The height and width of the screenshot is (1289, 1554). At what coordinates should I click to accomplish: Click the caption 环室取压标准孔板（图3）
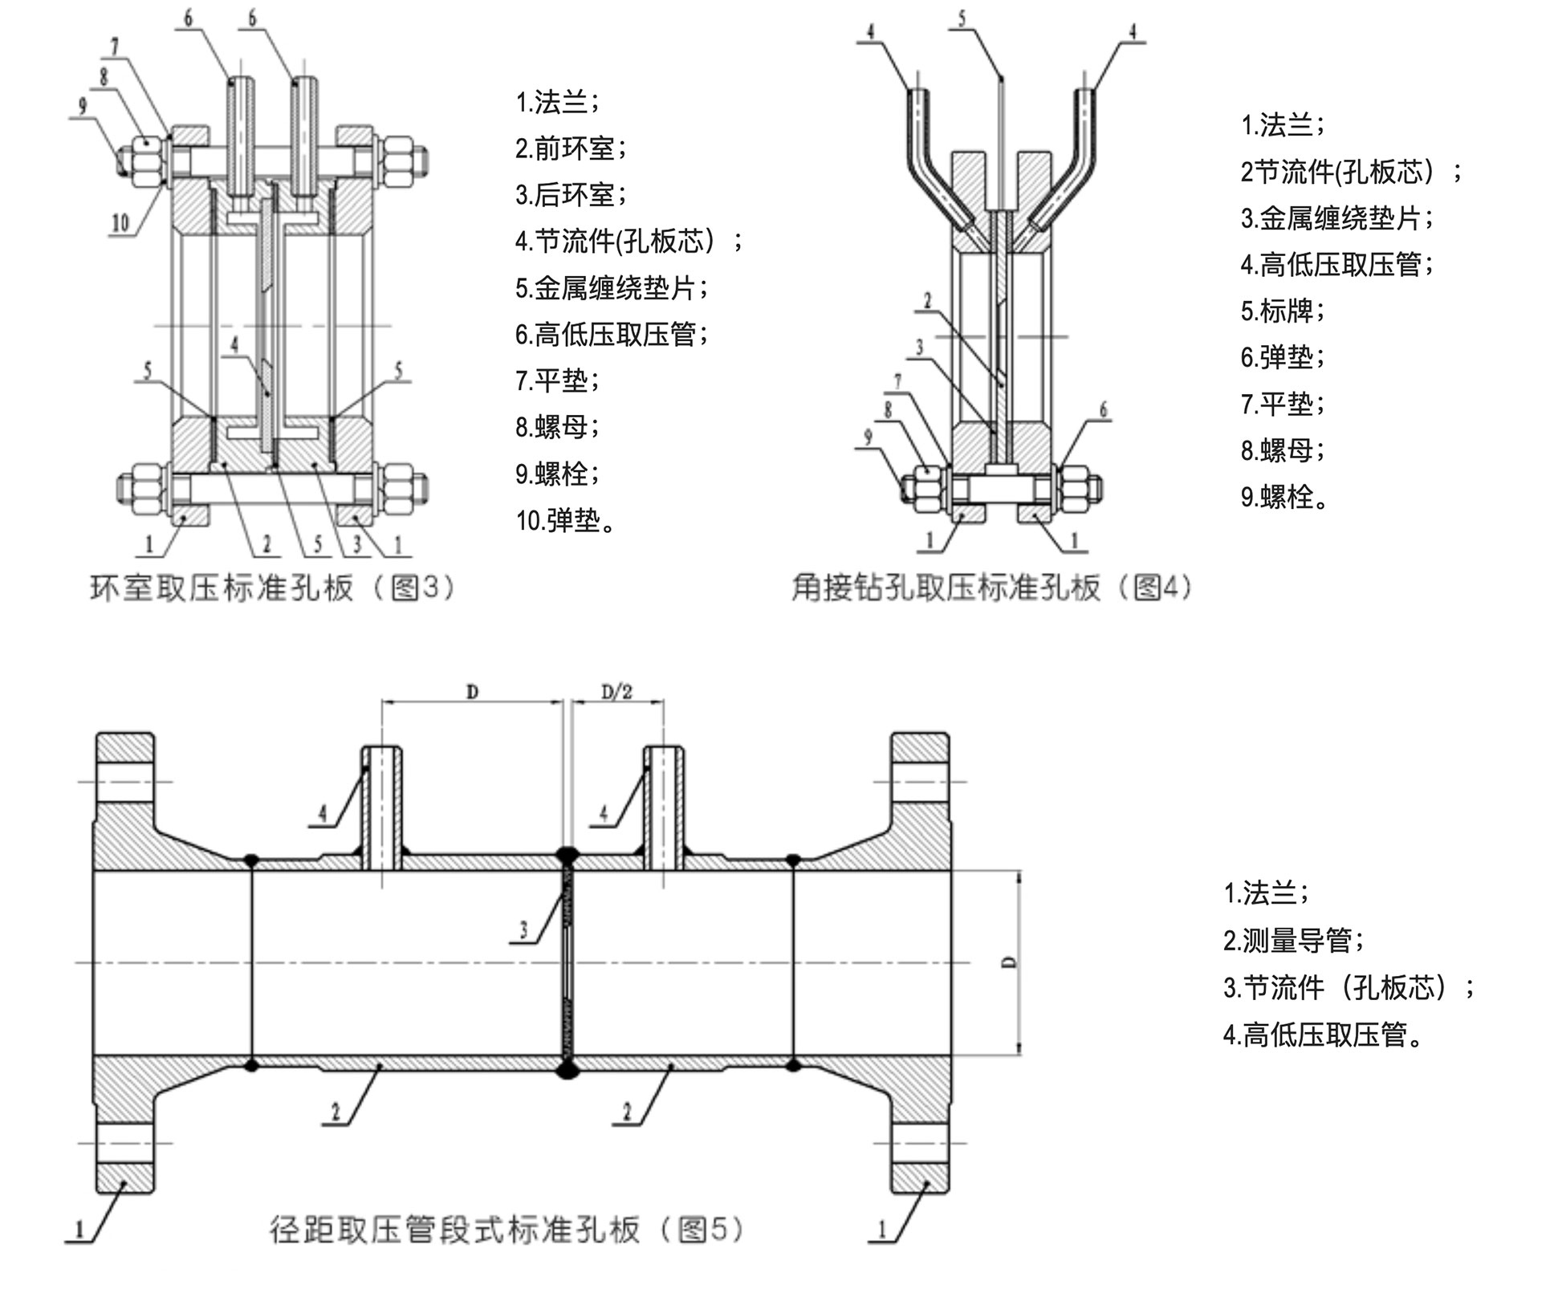coord(272,588)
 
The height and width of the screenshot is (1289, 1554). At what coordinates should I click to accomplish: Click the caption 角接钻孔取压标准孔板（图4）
coord(992,588)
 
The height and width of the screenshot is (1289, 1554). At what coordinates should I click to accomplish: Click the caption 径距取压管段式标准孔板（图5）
coord(506,1229)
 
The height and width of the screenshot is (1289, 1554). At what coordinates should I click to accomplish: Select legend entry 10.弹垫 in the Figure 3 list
coord(565,520)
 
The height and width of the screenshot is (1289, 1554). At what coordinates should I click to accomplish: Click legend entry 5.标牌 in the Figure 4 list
coord(1282,311)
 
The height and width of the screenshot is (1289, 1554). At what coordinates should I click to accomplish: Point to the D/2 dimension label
coord(616,691)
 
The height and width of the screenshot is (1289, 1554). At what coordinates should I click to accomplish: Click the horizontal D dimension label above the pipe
coord(472,691)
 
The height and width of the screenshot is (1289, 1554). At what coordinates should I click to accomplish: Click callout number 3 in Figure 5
coord(523,929)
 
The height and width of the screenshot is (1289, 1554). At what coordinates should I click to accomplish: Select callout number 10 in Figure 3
coord(120,222)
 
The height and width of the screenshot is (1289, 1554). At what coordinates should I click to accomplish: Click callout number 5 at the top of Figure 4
coord(962,18)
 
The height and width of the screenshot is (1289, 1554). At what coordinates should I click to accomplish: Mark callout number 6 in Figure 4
coord(1103,409)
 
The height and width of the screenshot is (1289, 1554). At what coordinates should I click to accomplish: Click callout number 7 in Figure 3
coord(114,47)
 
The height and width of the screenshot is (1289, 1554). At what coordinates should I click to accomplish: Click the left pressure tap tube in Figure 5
coord(381,807)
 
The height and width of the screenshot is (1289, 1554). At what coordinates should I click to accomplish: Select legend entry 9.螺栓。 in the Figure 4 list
coord(1283,497)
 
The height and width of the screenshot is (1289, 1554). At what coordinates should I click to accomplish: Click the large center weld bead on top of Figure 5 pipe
coord(567,856)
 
